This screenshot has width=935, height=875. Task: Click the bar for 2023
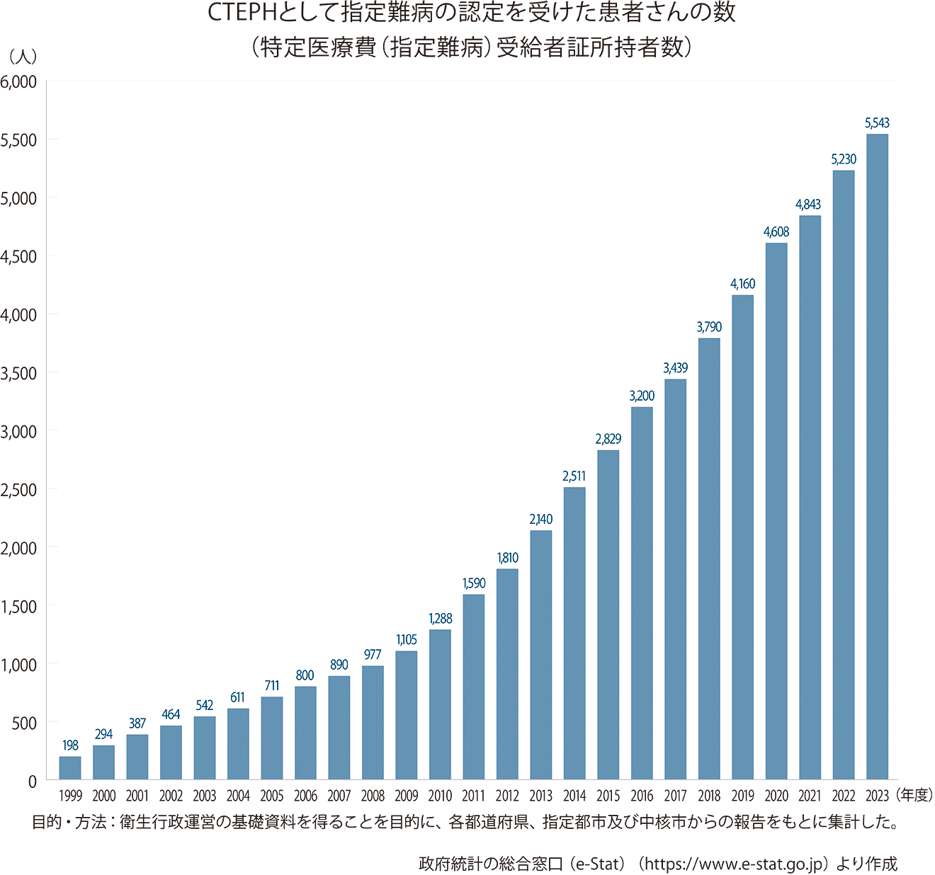tap(877, 457)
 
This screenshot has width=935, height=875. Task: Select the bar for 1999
tap(70, 768)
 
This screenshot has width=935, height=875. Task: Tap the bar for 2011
tap(474, 687)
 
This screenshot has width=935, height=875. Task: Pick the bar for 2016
tap(642, 593)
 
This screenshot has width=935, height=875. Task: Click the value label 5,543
tap(877, 123)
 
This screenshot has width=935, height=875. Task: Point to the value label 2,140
tap(540, 520)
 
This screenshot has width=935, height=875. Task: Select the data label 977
tap(373, 655)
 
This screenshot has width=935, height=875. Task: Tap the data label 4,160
tap(742, 284)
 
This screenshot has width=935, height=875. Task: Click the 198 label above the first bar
tap(70, 745)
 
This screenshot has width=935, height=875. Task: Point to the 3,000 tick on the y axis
tap(19, 431)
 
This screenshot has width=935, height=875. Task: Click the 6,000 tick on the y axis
tap(19, 81)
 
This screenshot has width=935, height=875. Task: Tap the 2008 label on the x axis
tap(373, 796)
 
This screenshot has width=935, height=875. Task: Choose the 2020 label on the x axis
tap(776, 796)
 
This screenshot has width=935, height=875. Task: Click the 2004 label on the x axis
tap(238, 796)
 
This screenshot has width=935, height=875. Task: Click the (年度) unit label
tap(914, 795)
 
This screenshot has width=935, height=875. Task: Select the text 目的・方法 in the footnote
tap(69, 822)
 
